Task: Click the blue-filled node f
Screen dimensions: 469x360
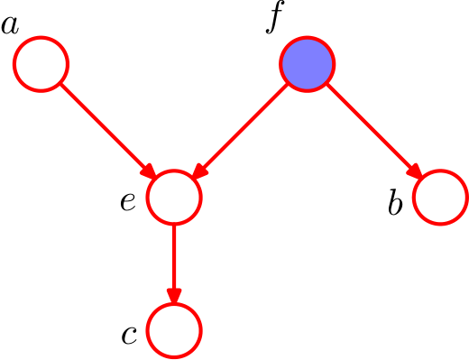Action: tap(307, 64)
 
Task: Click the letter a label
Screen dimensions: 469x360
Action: tap(10, 26)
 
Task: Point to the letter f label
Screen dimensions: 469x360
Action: tap(275, 17)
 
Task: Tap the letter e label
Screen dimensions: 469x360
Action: tap(128, 202)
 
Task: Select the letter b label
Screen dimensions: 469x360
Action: tap(395, 201)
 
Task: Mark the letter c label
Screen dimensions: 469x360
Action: tap(129, 336)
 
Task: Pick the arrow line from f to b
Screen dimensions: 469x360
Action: tap(374, 131)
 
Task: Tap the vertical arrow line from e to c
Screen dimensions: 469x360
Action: tap(174, 263)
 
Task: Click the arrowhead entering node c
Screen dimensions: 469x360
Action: tap(174, 296)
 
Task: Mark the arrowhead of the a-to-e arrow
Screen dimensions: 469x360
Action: tap(149, 171)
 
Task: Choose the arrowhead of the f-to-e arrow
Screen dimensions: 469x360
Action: tap(199, 171)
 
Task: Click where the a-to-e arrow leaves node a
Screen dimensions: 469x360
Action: tap(61, 84)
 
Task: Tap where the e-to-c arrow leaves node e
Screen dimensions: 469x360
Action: tap(174, 226)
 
